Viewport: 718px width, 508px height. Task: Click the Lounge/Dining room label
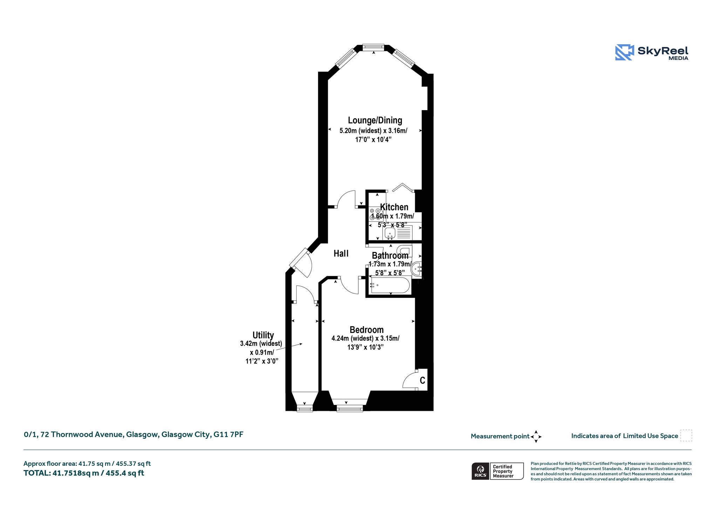pyautogui.click(x=375, y=120)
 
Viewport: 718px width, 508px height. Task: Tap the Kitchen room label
pyautogui.click(x=394, y=207)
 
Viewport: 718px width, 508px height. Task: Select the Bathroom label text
pyautogui.click(x=390, y=255)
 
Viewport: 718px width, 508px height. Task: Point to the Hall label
pyautogui.click(x=341, y=253)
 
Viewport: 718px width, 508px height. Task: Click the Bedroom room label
pyautogui.click(x=366, y=330)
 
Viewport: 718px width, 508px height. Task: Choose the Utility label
pyautogui.click(x=263, y=335)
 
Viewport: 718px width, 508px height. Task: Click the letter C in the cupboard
pyautogui.click(x=422, y=380)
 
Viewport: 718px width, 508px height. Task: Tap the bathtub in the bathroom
pyautogui.click(x=390, y=285)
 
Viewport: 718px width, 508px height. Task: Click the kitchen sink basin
pyautogui.click(x=390, y=233)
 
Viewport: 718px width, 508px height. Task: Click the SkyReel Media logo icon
pyautogui.click(x=624, y=52)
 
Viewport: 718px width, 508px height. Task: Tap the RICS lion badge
pyautogui.click(x=480, y=471)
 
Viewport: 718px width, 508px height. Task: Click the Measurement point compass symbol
pyautogui.click(x=536, y=437)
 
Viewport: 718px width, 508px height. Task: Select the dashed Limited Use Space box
pyautogui.click(x=686, y=435)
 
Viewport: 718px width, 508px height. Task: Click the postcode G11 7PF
pyautogui.click(x=228, y=435)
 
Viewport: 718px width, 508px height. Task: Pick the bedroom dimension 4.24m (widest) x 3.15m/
pyautogui.click(x=365, y=339)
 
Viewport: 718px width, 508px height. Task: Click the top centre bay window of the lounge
pyautogui.click(x=373, y=47)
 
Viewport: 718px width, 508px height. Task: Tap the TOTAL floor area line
pyautogui.click(x=84, y=473)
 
